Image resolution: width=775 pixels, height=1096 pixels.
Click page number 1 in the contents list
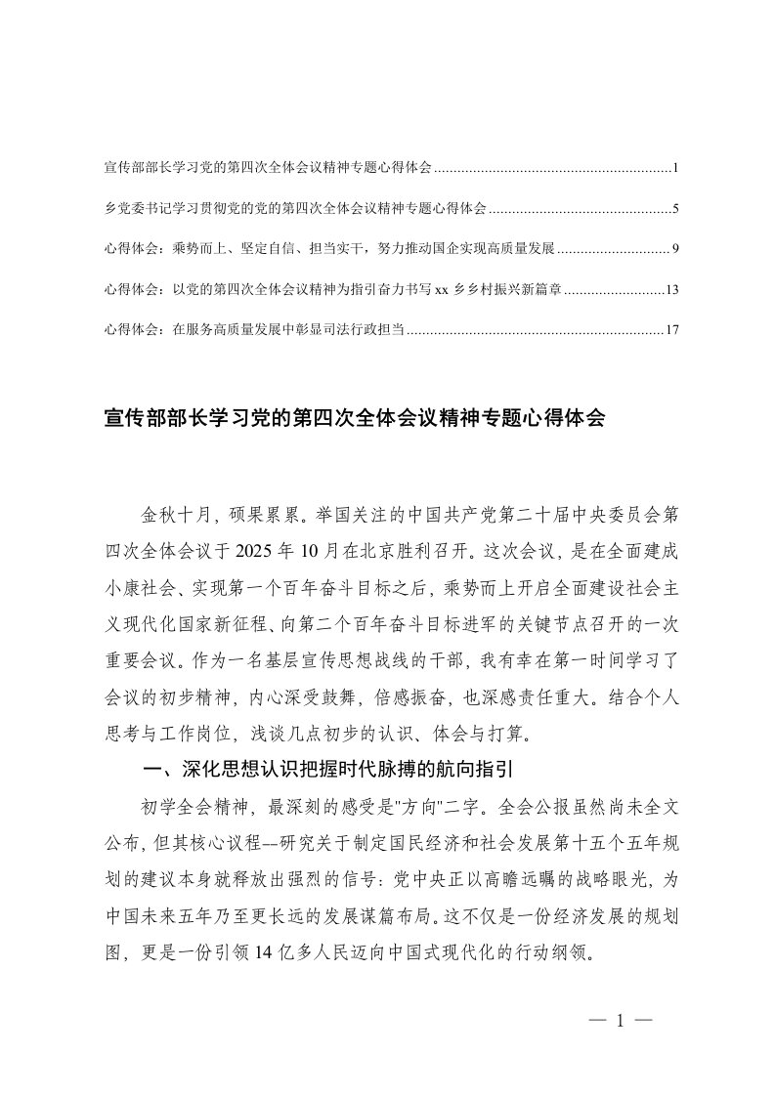tap(675, 169)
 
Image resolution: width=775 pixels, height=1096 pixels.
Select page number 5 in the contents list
tap(675, 209)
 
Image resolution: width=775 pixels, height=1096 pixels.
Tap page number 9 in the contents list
tap(675, 250)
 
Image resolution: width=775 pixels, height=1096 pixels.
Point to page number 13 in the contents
tap(670, 290)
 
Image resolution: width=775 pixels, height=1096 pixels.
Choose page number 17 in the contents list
tap(670, 331)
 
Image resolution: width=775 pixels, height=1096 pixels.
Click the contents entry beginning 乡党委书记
tap(294, 209)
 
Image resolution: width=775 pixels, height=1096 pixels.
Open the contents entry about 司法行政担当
tap(253, 331)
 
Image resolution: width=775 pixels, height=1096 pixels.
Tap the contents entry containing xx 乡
tap(332, 290)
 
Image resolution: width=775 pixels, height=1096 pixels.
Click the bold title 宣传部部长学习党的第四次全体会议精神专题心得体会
tap(355, 419)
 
